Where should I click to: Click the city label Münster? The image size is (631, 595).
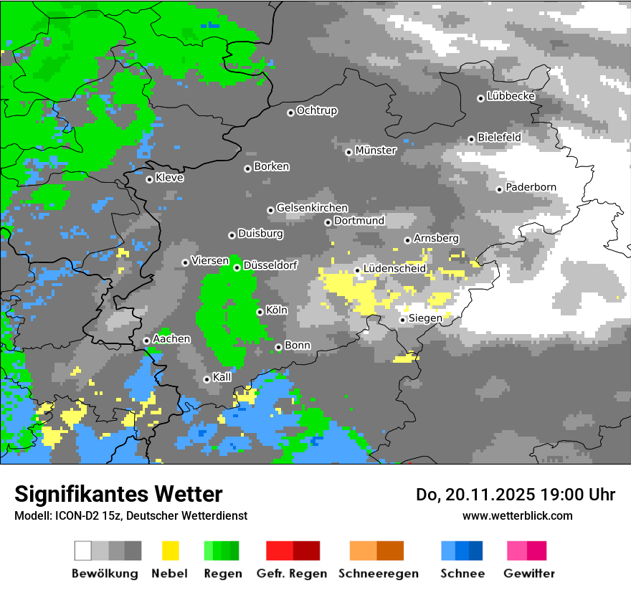click(x=376, y=151)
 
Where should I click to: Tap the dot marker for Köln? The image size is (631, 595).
click(x=260, y=312)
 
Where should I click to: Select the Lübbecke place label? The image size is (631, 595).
click(x=511, y=96)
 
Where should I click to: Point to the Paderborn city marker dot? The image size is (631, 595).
click(x=500, y=189)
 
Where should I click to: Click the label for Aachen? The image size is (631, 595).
click(x=171, y=338)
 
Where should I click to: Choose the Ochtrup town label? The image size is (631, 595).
click(x=317, y=111)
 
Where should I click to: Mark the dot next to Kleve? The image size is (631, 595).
click(x=149, y=179)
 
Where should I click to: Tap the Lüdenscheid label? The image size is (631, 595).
click(x=394, y=269)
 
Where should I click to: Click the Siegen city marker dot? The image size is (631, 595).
click(x=403, y=320)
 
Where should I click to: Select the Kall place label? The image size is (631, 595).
click(x=222, y=377)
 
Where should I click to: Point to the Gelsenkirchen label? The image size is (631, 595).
click(x=312, y=208)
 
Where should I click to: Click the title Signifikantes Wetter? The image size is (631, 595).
click(x=118, y=494)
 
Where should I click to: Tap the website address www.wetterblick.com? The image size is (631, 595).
click(x=517, y=515)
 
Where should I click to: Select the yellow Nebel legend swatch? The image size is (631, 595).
click(x=170, y=551)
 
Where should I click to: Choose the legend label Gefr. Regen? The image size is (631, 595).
click(x=292, y=573)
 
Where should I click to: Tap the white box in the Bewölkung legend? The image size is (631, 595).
click(x=83, y=551)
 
